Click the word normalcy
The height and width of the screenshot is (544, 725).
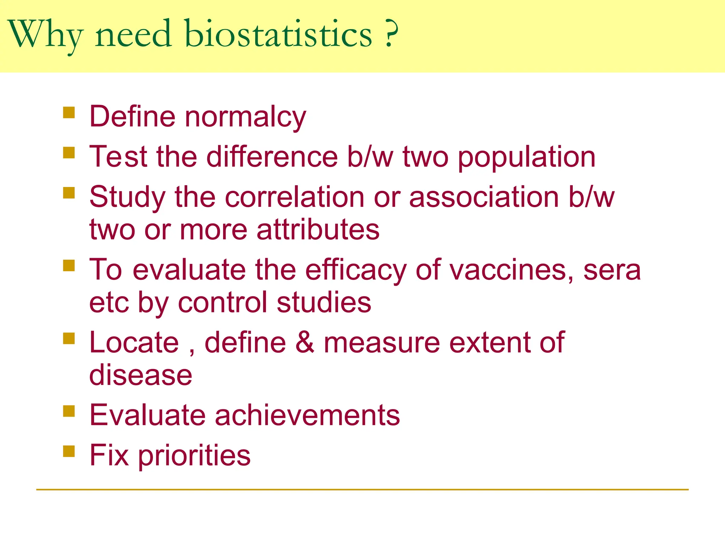tap(245, 117)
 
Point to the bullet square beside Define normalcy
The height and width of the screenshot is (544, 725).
tap(69, 113)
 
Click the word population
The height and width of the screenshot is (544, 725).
tap(526, 157)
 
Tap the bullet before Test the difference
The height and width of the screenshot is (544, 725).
tap(69, 153)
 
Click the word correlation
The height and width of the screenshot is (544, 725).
tap(295, 197)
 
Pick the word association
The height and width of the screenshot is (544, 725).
tap(484, 197)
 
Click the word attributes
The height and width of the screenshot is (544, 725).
tap(318, 229)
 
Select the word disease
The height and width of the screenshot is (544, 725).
tap(141, 375)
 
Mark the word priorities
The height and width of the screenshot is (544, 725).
tap(194, 456)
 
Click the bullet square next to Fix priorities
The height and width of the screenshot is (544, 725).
tap(69, 452)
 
